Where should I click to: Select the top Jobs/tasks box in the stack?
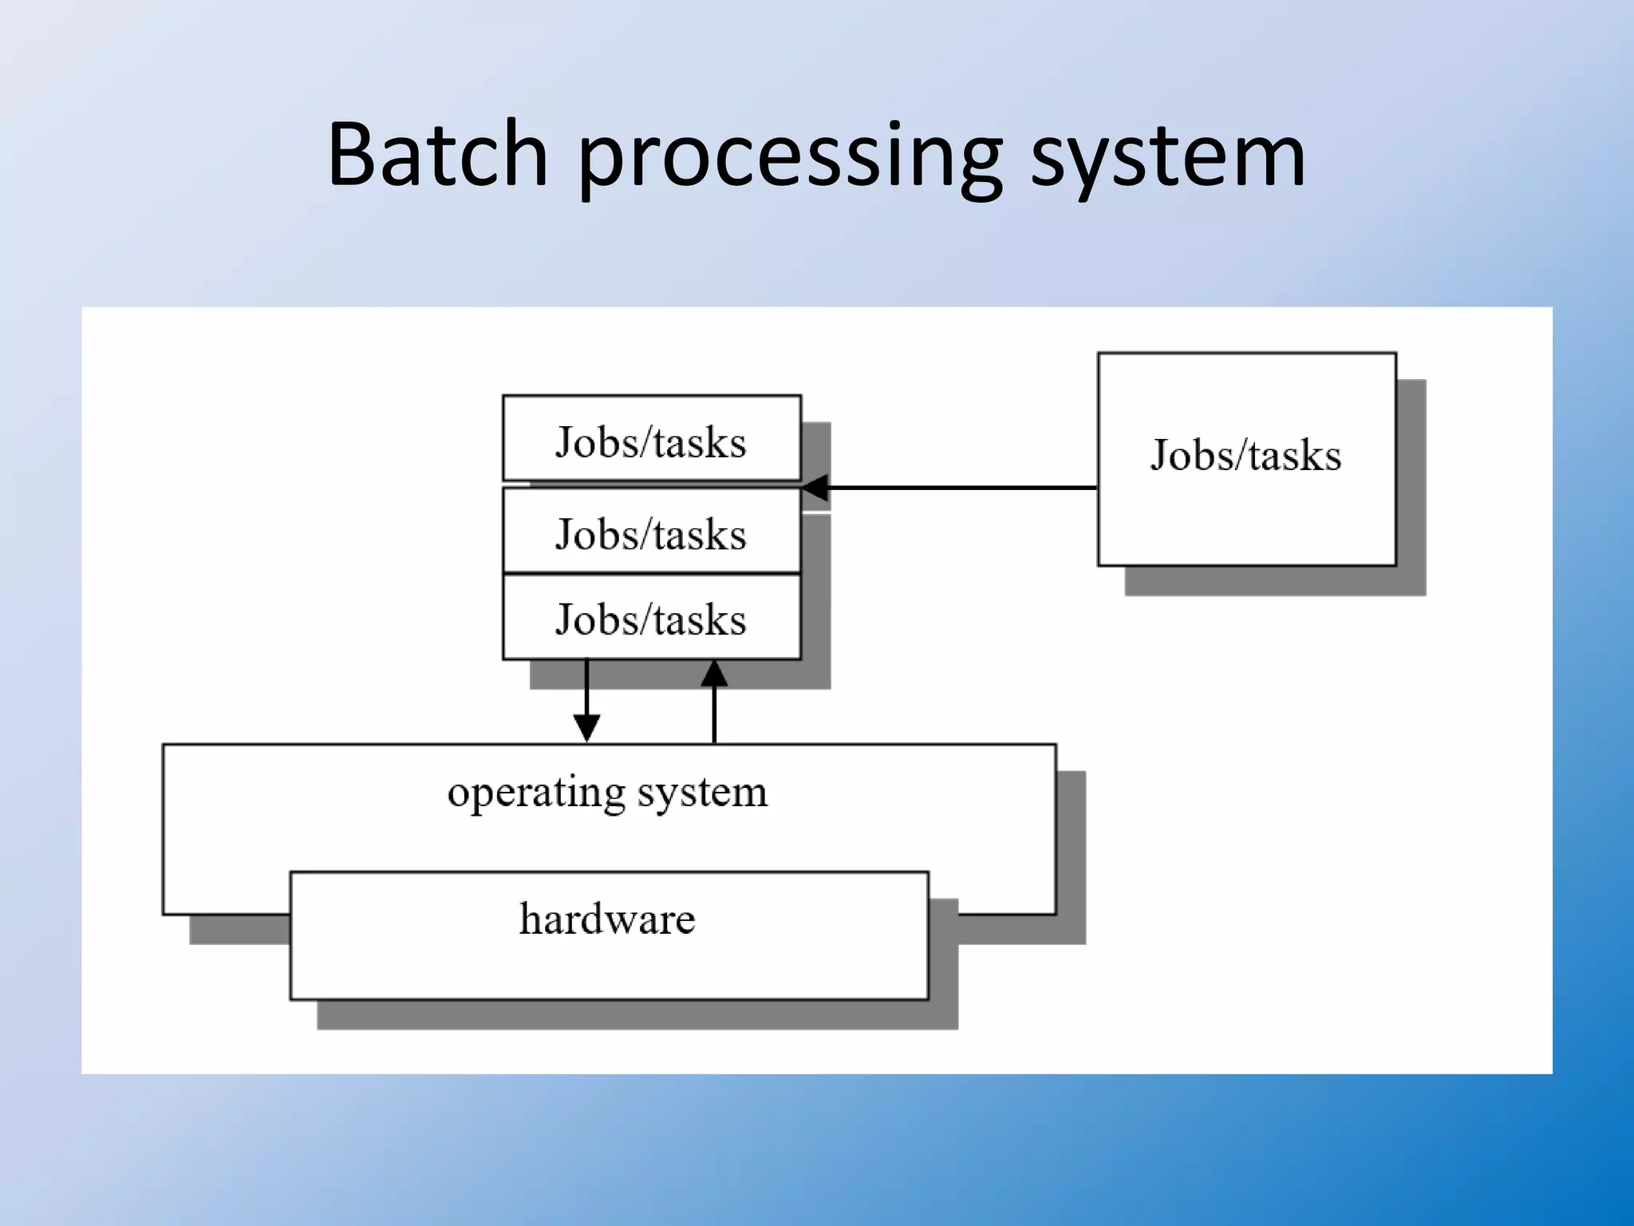point(651,440)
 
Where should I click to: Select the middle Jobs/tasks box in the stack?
point(651,532)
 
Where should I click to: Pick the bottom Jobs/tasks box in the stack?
point(651,618)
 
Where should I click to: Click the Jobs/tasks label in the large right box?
point(1245,456)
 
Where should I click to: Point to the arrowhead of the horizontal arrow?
point(815,488)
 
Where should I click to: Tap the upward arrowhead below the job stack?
point(714,674)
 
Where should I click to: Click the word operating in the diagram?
point(536,793)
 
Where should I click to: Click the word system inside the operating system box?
point(702,793)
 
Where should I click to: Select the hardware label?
point(607,919)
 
